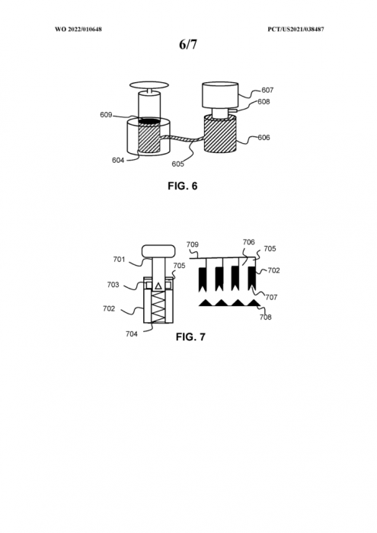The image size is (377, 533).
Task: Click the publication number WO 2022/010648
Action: point(78,29)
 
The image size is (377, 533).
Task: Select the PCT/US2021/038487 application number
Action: point(296,29)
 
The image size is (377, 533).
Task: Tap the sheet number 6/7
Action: point(188,44)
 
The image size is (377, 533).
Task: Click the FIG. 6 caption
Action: point(183,186)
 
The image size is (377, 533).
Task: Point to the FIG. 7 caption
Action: point(190,337)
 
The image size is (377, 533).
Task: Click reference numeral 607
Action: point(267,90)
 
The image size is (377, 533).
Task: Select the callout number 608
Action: point(264,101)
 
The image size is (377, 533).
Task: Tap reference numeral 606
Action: point(264,137)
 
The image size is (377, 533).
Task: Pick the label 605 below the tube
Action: point(177,164)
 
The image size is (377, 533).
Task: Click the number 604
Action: point(118,160)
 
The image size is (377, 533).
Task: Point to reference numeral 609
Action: point(106,115)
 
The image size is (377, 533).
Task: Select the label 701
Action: point(120,260)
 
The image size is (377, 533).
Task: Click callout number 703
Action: point(113,285)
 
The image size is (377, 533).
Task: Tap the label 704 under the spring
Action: point(132,334)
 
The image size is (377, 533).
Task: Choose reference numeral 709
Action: point(193,244)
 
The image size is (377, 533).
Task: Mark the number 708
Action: point(266,318)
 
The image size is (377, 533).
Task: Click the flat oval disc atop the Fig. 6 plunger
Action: point(149,85)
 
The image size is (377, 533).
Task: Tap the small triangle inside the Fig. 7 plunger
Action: point(158,286)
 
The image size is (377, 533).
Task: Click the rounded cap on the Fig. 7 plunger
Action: point(158,251)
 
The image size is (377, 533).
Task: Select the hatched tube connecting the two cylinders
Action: point(182,139)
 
